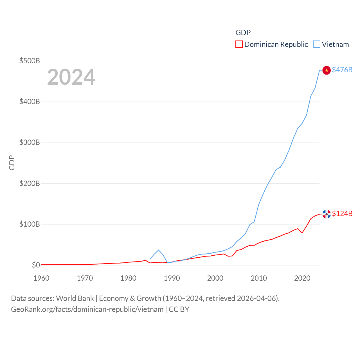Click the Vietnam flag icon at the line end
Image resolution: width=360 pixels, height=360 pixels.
[326, 70]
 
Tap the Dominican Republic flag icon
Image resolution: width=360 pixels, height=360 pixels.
[326, 214]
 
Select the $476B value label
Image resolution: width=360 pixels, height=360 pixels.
[342, 70]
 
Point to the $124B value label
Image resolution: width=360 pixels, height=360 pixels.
[342, 213]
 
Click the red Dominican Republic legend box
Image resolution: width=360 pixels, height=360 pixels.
[239, 44]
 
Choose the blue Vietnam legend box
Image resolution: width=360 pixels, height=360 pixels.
[317, 44]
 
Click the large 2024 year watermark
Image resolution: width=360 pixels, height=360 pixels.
[71, 77]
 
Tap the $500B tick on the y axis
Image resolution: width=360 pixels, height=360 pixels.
[30, 61]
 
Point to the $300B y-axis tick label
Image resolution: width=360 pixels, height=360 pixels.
[30, 142]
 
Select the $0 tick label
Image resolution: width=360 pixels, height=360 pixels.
[36, 265]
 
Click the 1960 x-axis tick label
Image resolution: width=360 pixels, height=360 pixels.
[41, 278]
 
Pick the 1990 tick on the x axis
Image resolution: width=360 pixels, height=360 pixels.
[172, 278]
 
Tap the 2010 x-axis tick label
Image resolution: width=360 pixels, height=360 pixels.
[259, 278]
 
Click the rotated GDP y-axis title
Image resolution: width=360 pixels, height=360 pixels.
[12, 163]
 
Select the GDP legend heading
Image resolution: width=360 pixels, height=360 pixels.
[243, 33]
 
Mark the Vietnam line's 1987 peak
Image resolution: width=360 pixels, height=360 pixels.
[159, 250]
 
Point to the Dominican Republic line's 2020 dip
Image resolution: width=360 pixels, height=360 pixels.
[302, 233]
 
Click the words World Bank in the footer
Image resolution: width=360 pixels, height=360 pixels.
[75, 298]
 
